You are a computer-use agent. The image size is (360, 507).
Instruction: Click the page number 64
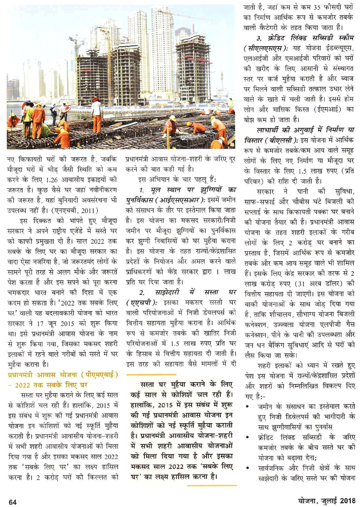[13, 502]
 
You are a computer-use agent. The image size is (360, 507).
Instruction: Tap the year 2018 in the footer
[347, 501]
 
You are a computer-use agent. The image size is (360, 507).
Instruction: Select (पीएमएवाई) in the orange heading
[99, 374]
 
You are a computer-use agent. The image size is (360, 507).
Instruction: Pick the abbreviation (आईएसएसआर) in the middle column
[179, 200]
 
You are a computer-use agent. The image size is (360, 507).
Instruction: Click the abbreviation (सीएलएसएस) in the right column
[266, 48]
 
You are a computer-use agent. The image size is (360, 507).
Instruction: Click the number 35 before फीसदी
[317, 6]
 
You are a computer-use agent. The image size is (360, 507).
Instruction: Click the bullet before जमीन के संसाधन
[247, 407]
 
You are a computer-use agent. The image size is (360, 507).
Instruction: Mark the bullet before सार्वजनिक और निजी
[247, 468]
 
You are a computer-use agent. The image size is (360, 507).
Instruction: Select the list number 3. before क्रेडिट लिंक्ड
[259, 38]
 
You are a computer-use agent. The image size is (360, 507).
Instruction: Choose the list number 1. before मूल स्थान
[142, 190]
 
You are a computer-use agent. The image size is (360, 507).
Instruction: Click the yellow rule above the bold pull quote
[182, 375]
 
